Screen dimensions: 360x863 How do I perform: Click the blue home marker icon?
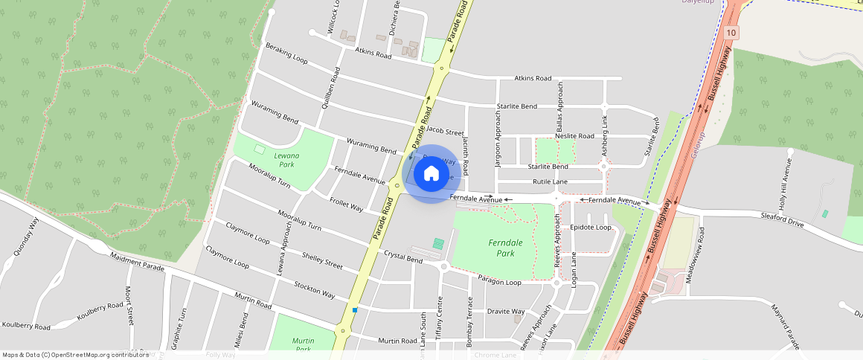[x=431, y=174]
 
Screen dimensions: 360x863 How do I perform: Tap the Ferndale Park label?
[x=506, y=248]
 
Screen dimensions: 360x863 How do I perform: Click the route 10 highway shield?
[x=731, y=33]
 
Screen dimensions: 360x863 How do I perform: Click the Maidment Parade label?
[x=137, y=261]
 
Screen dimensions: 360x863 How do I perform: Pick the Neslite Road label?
[x=574, y=136]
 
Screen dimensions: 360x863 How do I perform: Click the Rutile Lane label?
[x=550, y=181]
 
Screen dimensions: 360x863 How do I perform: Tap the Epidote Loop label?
[x=590, y=227]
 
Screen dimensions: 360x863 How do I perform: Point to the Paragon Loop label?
[x=499, y=282]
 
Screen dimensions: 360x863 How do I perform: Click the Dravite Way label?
[x=506, y=311]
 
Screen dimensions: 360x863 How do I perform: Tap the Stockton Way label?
[x=314, y=289]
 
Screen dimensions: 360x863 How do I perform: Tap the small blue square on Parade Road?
[x=355, y=309]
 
